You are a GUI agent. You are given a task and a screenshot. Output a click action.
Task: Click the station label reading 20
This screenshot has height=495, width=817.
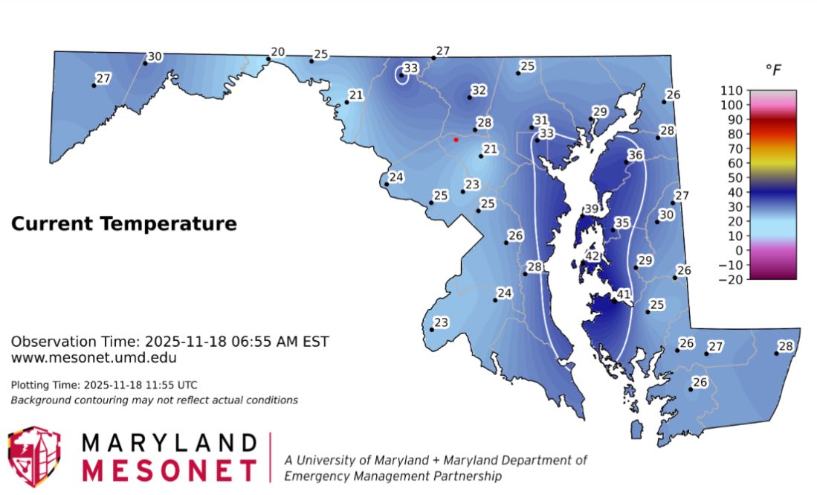coord(277,52)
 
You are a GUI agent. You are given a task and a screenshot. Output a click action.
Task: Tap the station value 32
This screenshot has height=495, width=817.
coord(479,91)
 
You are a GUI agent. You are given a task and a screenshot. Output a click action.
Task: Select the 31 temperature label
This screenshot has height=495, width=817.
coord(540,121)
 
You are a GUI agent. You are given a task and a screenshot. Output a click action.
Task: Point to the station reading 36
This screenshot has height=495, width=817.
coord(635,155)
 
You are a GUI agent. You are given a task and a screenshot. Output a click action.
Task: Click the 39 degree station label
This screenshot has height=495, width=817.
coord(592,209)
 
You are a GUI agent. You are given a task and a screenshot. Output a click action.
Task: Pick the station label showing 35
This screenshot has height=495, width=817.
coord(622,223)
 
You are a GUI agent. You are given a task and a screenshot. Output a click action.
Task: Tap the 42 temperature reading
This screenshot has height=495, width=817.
coord(592,256)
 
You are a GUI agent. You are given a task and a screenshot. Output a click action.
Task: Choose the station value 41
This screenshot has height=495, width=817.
coord(623,294)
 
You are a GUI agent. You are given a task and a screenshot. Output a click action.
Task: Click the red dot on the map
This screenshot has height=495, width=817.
coord(456,139)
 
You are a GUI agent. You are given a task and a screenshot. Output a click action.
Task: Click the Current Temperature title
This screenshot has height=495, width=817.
coord(123,223)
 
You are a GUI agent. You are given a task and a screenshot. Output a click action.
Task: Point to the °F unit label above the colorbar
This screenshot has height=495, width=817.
coord(773,70)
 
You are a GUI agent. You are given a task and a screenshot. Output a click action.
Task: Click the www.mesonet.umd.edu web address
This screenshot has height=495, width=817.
coord(94,358)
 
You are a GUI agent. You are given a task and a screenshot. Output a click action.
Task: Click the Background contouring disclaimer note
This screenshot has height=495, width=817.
coord(154,400)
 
